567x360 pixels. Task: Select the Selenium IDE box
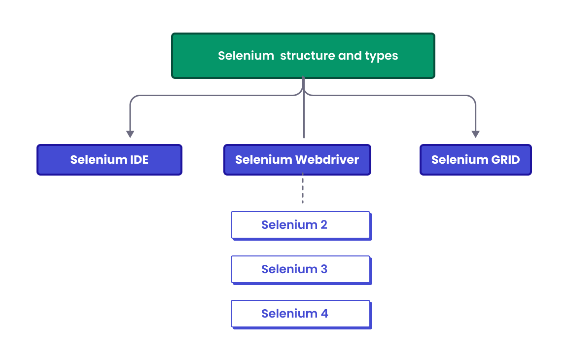[109, 160]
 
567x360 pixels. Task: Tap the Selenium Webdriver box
[297, 160]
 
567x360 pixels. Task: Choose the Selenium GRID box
[475, 160]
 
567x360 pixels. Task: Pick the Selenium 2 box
[300, 225]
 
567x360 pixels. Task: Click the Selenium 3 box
[300, 269]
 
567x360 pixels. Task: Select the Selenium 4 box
[300, 314]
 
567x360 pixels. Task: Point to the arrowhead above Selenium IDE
[130, 134]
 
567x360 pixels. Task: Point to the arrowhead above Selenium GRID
[475, 134]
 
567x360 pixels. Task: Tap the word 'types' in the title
[381, 56]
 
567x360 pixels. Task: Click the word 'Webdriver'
[327, 160]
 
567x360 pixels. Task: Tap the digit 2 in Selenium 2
[323, 225]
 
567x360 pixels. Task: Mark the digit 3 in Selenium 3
[323, 269]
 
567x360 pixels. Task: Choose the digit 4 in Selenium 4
[323, 314]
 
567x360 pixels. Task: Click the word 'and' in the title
[350, 56]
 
